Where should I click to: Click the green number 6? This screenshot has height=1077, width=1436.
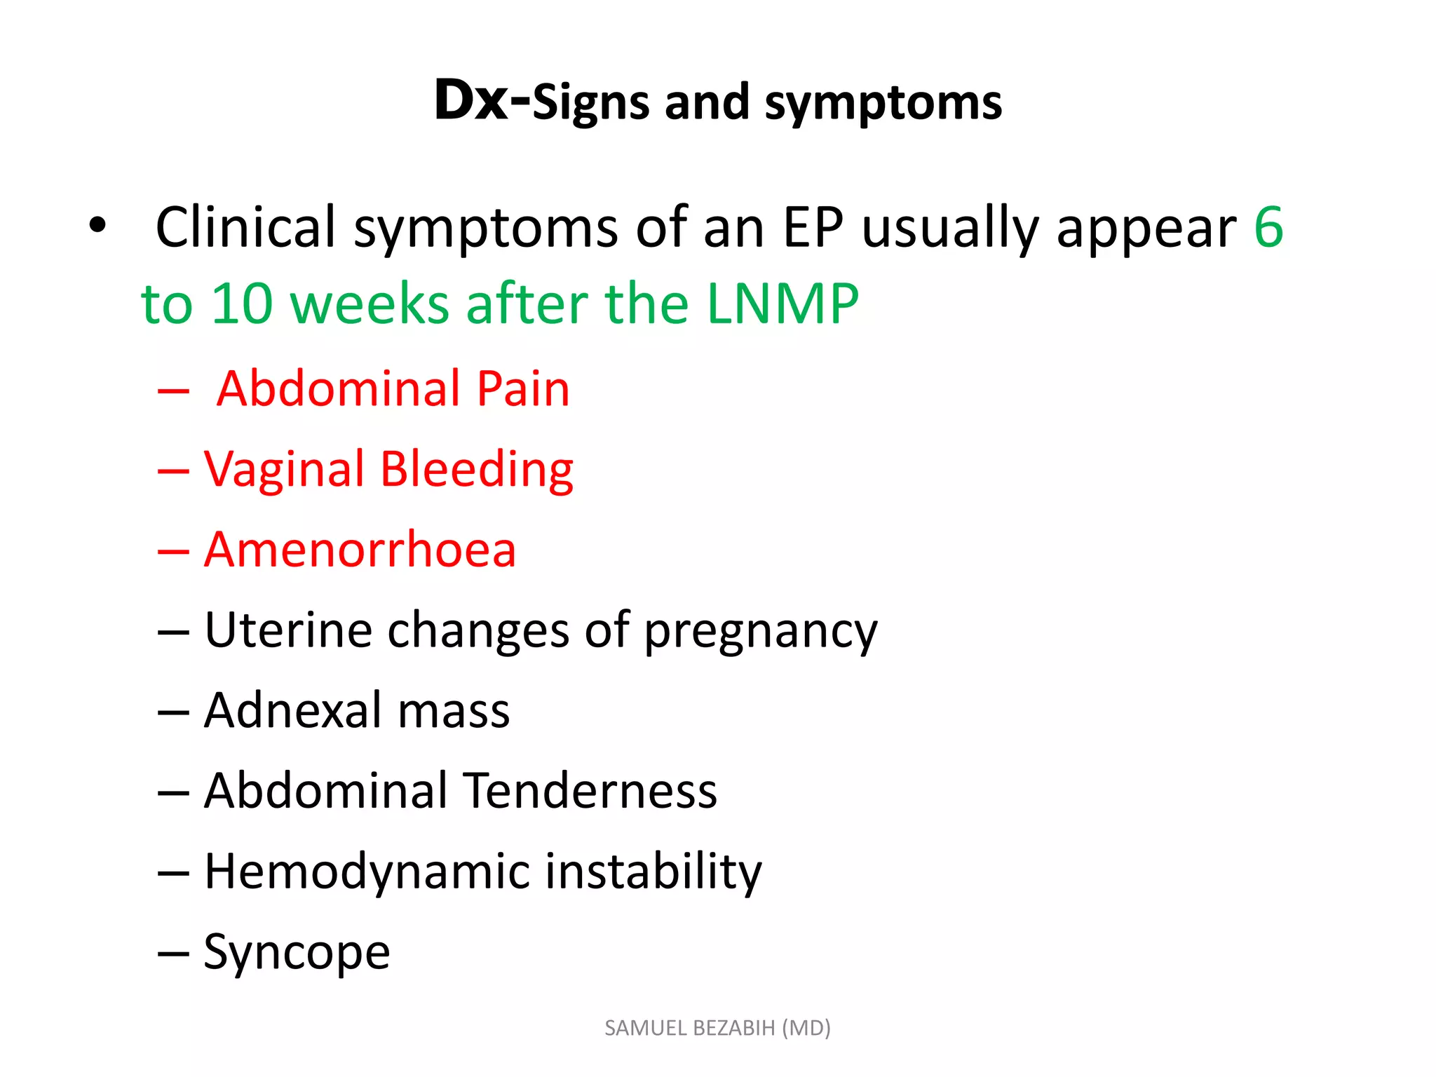1268,227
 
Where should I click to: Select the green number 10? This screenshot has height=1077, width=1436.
241,304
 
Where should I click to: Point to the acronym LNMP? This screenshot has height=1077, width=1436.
783,304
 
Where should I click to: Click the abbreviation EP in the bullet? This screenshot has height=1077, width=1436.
813,227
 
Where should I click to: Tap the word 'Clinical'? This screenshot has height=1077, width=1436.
245,227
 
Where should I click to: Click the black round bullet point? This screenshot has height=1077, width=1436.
97,226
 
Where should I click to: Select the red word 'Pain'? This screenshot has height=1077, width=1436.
523,388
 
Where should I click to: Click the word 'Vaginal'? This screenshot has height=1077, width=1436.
284,470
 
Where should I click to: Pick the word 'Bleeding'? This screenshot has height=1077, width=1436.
477,470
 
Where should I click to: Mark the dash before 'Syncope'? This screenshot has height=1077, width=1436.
173,954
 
